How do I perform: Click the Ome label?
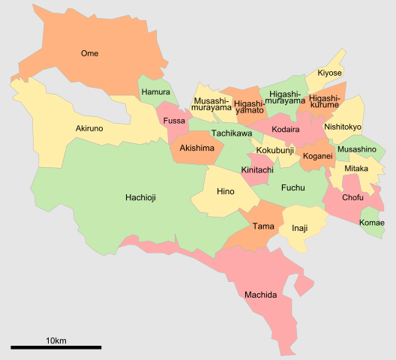tap(89, 53)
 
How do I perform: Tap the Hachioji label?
tap(141, 198)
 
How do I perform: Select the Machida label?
tap(260, 295)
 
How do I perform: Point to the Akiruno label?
tap(89, 129)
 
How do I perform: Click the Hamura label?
tap(155, 93)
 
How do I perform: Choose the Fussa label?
tap(173, 120)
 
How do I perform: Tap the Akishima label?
tap(197, 148)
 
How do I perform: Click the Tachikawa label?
tap(231, 133)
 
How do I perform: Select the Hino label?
tap(225, 192)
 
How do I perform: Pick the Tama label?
tap(263, 226)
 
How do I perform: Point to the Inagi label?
tap(299, 228)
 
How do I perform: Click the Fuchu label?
tap(292, 187)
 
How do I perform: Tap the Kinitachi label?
tap(257, 170)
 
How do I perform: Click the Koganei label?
tap(318, 156)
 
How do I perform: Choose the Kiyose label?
tap(329, 73)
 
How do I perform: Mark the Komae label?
tap(372, 223)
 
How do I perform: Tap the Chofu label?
tap(352, 198)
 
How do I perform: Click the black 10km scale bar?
tap(56, 347)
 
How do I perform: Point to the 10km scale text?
tap(56, 340)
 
